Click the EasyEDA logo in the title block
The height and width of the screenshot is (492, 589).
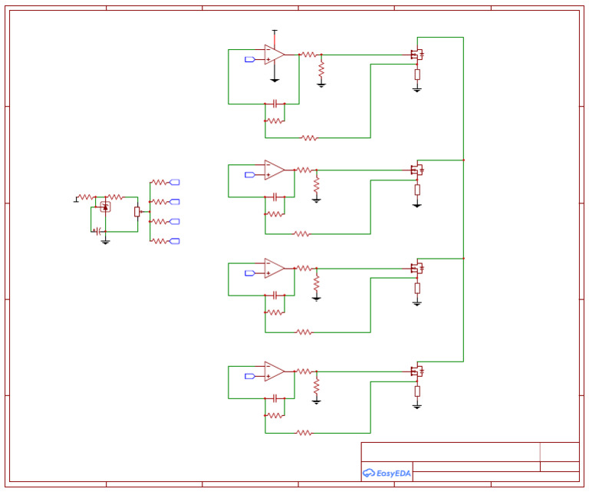387,474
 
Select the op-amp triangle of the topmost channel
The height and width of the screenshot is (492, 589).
274,54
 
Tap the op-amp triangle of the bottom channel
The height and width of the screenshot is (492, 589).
274,371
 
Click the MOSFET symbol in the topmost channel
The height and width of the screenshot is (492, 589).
417,54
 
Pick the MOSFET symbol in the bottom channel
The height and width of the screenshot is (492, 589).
417,371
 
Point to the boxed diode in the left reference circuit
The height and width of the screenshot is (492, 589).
105,206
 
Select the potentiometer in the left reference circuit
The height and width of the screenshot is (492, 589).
137,211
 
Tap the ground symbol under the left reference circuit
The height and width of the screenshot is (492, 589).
105,242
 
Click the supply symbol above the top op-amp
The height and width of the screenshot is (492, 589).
275,31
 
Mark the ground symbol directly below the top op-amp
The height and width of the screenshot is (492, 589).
275,79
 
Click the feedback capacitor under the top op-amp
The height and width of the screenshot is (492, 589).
275,103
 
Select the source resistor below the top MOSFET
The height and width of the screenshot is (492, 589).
417,74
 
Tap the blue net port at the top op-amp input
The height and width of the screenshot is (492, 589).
249,59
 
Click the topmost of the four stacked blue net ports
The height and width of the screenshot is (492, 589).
174,182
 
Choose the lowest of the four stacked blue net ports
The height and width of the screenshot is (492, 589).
174,241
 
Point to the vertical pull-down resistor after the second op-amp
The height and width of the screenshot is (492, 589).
316,185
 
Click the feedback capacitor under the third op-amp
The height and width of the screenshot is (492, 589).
275,295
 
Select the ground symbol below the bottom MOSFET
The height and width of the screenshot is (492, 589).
417,406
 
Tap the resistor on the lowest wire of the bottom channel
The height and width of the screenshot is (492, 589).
304,433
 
